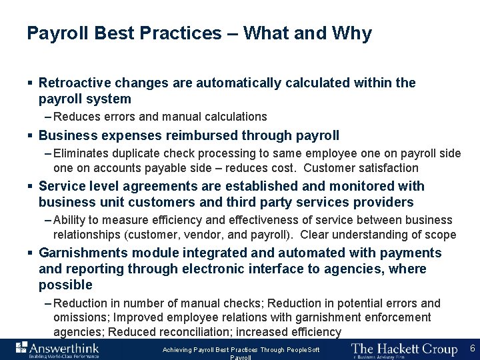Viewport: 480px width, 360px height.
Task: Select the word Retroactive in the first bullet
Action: (x=75, y=83)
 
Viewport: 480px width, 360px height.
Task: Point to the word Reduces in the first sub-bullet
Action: (x=76, y=117)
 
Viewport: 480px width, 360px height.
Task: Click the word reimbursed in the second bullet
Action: (x=205, y=135)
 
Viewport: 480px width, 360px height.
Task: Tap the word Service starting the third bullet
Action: (x=60, y=187)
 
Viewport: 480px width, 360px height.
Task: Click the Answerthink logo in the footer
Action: (x=58, y=349)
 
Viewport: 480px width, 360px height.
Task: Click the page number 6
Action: (x=472, y=348)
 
